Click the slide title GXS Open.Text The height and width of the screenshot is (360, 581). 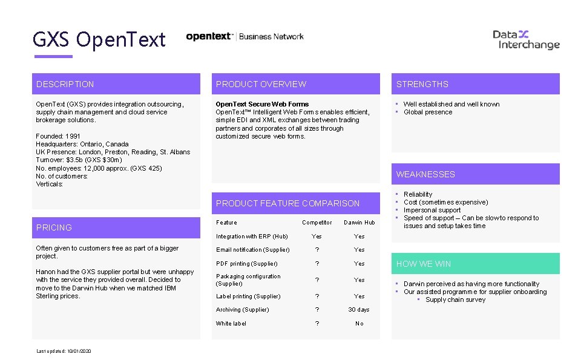99,40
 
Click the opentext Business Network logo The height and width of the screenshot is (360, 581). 245,36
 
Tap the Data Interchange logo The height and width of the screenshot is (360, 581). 526,39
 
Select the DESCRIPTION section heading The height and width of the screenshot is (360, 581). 65,84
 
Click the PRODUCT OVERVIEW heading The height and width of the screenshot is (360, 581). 261,84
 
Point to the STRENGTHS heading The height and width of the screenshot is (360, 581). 422,84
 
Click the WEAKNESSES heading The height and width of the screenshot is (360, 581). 425,174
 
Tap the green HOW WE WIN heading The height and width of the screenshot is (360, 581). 424,264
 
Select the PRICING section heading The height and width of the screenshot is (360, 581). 54,227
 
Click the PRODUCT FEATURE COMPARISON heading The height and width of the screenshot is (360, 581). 287,203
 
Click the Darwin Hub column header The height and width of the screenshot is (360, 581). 359,223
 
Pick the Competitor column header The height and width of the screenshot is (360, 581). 317,223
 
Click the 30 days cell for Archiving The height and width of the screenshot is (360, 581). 359,310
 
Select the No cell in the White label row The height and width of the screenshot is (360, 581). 359,324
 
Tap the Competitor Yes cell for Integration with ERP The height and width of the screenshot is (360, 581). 317,237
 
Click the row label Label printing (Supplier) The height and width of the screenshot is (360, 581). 248,296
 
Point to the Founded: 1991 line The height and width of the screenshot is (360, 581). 58,136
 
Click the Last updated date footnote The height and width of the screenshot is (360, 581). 64,352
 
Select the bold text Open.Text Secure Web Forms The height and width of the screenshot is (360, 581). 262,104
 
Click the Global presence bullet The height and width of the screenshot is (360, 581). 428,112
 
